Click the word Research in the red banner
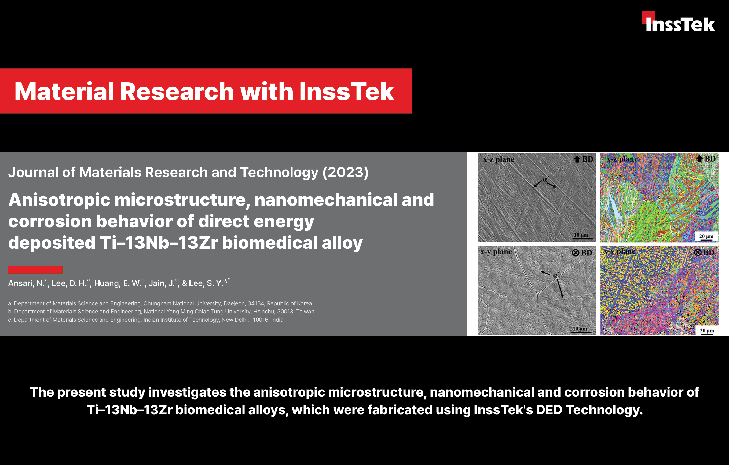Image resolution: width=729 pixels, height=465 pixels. tap(177, 91)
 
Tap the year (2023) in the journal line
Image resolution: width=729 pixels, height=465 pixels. tap(345, 172)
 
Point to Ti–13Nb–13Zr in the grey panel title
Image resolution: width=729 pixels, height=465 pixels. tap(159, 243)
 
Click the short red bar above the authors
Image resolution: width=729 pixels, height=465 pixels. tap(35, 270)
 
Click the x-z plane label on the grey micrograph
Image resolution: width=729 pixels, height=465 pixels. tap(499, 159)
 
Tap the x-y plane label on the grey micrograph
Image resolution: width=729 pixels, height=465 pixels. tap(496, 252)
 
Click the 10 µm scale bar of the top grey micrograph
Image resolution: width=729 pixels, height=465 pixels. tap(583, 239)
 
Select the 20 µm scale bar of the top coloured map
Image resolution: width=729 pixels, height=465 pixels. tap(706, 240)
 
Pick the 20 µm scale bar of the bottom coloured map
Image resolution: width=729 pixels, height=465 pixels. tap(707, 334)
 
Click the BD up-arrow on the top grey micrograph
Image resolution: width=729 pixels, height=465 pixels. tap(577, 159)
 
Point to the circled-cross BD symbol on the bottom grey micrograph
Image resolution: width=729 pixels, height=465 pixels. tap(576, 253)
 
